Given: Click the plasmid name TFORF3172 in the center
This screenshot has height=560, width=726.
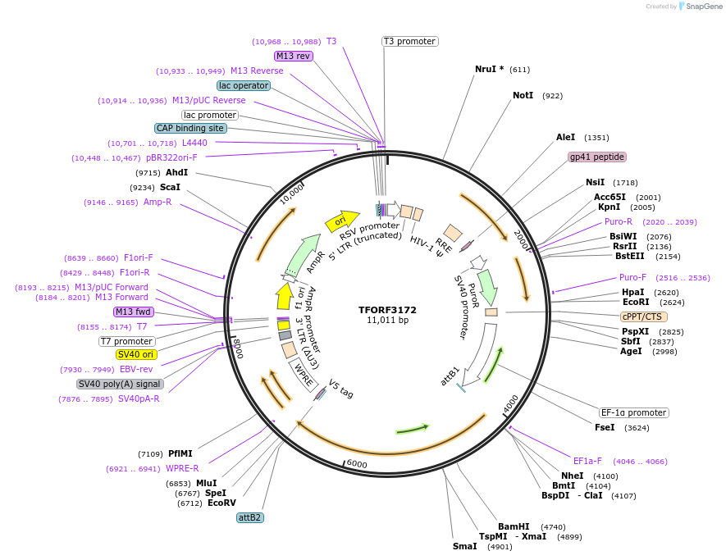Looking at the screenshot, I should tap(387, 310).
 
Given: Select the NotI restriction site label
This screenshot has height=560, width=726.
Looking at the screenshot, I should tap(523, 96).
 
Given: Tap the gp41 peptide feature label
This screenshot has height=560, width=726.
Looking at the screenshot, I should tap(596, 157).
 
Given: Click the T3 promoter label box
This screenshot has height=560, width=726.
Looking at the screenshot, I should tap(409, 41).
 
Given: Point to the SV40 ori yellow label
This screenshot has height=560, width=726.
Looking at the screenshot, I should tap(136, 354).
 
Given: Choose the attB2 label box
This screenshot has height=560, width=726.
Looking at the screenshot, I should tap(249, 517).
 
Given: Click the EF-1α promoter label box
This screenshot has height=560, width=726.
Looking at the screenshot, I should tap(633, 412).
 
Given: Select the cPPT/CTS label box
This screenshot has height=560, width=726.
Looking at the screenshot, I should tap(644, 316).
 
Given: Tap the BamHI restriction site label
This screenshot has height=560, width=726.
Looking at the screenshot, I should tap(514, 526).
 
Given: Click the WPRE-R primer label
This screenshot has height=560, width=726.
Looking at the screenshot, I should tap(182, 468).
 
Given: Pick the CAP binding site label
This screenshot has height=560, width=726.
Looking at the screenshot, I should tap(190, 128).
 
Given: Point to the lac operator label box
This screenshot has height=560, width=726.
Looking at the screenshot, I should tap(244, 85).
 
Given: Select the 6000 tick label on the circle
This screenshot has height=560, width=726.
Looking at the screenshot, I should tap(357, 463).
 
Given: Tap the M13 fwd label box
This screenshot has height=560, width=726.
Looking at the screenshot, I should tap(133, 312).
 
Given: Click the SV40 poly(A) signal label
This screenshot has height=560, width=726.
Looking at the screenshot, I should tap(120, 384).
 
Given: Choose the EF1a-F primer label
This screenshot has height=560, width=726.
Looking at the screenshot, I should tap(587, 461).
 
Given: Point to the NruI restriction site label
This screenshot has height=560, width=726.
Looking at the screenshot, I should tap(490, 70).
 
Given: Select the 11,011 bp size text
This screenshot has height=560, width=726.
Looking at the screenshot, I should tap(387, 321).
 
